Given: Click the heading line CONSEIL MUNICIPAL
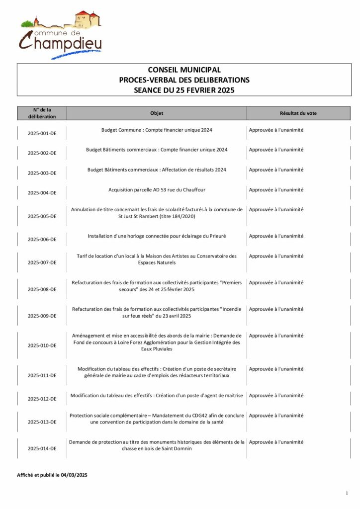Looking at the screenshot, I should click(184, 70).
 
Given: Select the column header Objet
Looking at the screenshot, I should click(157, 113).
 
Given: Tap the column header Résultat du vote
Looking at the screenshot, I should click(298, 113).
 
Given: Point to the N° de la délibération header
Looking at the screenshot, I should click(42, 113).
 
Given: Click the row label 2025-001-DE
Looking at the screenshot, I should click(42, 134).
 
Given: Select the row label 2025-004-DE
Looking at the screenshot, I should click(42, 193).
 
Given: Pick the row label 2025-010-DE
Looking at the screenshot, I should click(42, 345).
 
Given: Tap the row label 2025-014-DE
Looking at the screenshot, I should click(42, 448).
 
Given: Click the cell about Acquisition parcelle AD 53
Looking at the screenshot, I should click(157, 190).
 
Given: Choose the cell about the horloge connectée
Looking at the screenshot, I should click(157, 236).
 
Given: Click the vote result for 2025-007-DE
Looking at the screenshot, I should click(276, 256).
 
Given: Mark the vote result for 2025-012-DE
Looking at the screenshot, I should click(276, 396).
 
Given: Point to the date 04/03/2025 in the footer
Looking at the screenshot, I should click(75, 475).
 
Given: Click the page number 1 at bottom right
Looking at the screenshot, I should click(347, 493).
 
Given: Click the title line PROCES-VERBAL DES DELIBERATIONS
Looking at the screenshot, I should click(184, 80).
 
